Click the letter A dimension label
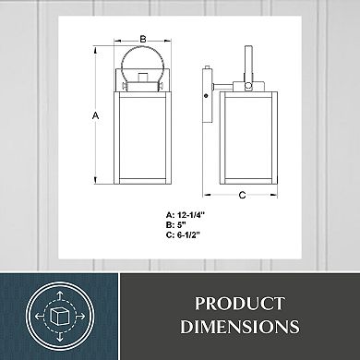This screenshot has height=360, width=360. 96,116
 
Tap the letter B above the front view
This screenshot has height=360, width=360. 143,39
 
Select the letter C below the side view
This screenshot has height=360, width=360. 243,195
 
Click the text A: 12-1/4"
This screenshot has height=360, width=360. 186,215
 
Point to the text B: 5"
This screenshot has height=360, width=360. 176,225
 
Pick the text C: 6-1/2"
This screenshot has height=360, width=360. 183,235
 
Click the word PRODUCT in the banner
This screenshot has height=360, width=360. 240,304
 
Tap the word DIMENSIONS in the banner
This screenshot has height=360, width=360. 240,327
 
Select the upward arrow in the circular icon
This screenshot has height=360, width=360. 60,296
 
